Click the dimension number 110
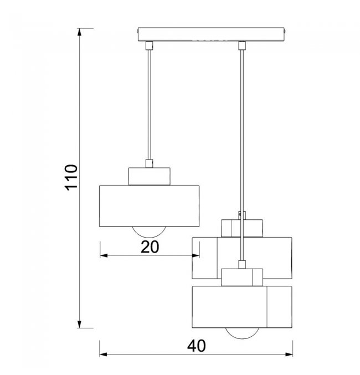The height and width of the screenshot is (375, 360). coord(71,177)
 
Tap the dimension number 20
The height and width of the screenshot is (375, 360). coord(150,247)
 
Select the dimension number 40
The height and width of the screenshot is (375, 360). coord(196,346)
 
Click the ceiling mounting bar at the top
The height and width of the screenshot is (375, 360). coord(211,34)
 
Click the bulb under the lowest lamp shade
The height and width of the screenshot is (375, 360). coord(242,333)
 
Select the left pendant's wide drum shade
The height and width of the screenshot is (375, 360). coord(150,206)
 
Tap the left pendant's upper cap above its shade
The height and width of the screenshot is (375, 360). coord(150,176)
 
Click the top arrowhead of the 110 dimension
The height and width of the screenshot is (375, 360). coord(80,32)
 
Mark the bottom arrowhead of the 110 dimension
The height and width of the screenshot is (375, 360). coord(80,324)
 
